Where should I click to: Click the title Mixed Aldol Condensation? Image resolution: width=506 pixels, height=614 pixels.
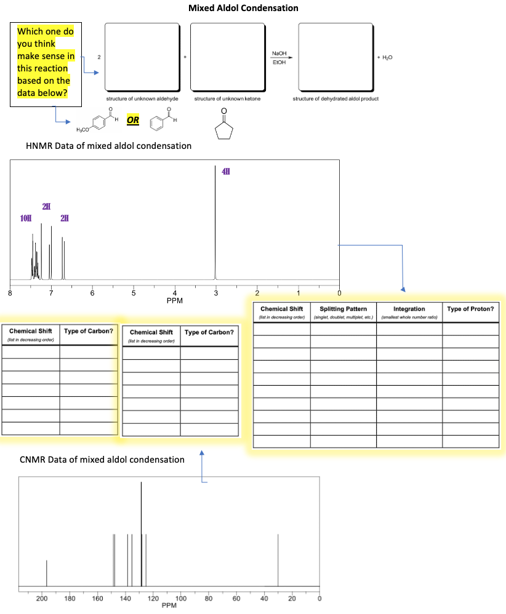(243, 8)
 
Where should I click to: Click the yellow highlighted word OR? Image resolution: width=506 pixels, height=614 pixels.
(133, 120)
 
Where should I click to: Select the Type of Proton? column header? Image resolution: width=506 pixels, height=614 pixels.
(470, 308)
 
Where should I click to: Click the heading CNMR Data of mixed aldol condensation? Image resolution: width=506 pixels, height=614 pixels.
(102, 460)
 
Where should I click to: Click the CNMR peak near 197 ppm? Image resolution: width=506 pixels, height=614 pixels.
(46, 572)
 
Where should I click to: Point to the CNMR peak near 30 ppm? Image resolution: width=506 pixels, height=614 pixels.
(278, 560)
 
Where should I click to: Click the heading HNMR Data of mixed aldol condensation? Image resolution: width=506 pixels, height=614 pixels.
(108, 146)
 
